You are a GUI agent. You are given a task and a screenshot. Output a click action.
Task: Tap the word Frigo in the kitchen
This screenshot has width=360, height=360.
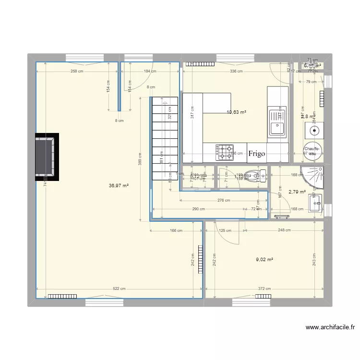tap(257, 154)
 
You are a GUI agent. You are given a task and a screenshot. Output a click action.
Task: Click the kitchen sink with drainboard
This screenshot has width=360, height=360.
tap(277, 123)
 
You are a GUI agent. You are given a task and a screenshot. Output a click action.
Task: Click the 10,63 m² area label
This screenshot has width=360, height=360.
tap(237, 112)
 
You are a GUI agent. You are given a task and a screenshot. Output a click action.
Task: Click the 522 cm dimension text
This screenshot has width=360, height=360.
tap(119, 289)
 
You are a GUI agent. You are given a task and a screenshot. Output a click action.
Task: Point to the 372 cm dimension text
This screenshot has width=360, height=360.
tap(264, 289)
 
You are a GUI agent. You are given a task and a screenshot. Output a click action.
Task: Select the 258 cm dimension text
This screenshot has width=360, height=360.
tap(77, 72)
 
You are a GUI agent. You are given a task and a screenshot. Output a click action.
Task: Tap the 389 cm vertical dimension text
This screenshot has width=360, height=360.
tap(140, 158)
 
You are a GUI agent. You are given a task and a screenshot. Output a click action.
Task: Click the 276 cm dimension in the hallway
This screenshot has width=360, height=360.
tap(224, 201)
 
